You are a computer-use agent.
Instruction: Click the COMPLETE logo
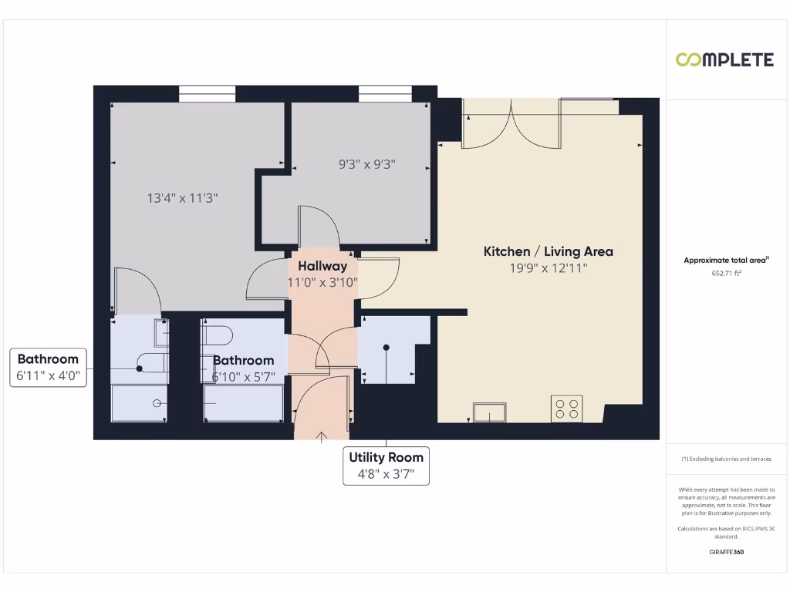pos(724,60)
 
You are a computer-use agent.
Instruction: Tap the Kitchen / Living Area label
pos(548,251)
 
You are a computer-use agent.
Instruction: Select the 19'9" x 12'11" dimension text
pos(548,268)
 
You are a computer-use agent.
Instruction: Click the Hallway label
pos(322,266)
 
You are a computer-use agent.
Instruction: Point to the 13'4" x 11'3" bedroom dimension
pos(183,198)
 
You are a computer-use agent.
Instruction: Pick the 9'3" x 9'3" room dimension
pos(367,164)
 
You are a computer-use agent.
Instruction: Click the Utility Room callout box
pos(386,466)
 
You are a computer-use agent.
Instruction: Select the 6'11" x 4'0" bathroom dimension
pos(48,375)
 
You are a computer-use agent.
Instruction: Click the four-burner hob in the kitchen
pos(567,409)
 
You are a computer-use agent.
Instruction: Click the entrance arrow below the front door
pos(322,436)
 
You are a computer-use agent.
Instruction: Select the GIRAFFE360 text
pos(726,552)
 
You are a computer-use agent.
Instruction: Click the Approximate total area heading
pos(725,261)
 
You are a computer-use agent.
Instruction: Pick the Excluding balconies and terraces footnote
pos(726,459)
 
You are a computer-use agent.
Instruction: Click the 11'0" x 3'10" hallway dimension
pos(322,283)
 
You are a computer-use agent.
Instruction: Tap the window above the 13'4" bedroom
pos(207,93)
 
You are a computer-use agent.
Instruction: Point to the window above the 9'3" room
pos(386,93)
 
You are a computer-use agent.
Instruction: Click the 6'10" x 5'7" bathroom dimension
pos(244,377)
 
